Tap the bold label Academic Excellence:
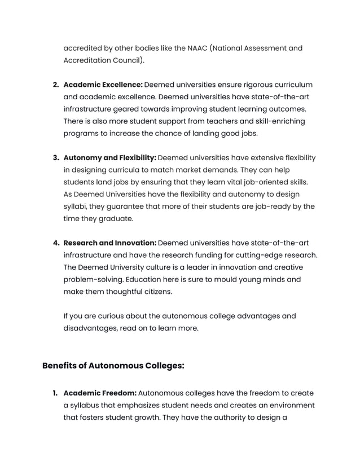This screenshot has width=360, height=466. [x=103, y=85]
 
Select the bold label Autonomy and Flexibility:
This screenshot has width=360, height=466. [x=109, y=157]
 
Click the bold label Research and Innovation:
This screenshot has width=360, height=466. [x=109, y=243]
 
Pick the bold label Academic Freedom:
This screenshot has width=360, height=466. [x=100, y=393]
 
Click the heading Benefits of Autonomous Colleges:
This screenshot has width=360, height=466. [x=113, y=366]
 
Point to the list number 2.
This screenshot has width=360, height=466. [x=56, y=85]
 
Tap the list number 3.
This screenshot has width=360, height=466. [x=56, y=157]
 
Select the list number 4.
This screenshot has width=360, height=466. [x=56, y=243]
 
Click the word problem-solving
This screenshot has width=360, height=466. [x=93, y=279]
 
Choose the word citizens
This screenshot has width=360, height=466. [x=155, y=292]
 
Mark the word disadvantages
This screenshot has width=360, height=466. [x=89, y=328]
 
